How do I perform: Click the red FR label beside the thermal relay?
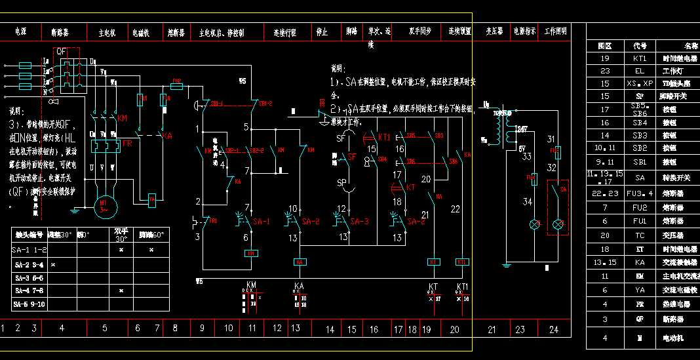click(x=127, y=142)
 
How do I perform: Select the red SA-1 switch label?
click(x=261, y=222)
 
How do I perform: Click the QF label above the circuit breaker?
click(x=62, y=51)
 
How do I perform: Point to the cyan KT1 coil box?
click(x=462, y=262)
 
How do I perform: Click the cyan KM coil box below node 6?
click(x=251, y=253)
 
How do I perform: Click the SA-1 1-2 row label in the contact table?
click(x=29, y=250)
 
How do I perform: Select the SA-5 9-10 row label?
click(x=29, y=304)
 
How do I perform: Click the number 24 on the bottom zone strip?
click(x=554, y=329)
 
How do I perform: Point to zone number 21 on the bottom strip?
click(x=492, y=329)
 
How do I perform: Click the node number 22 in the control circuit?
click(x=455, y=209)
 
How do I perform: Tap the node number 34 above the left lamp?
click(x=527, y=202)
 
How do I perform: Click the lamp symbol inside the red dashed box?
click(x=558, y=224)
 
